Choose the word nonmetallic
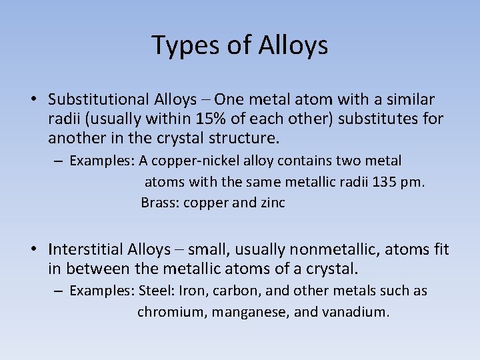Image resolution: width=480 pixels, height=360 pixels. click(324, 250)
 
